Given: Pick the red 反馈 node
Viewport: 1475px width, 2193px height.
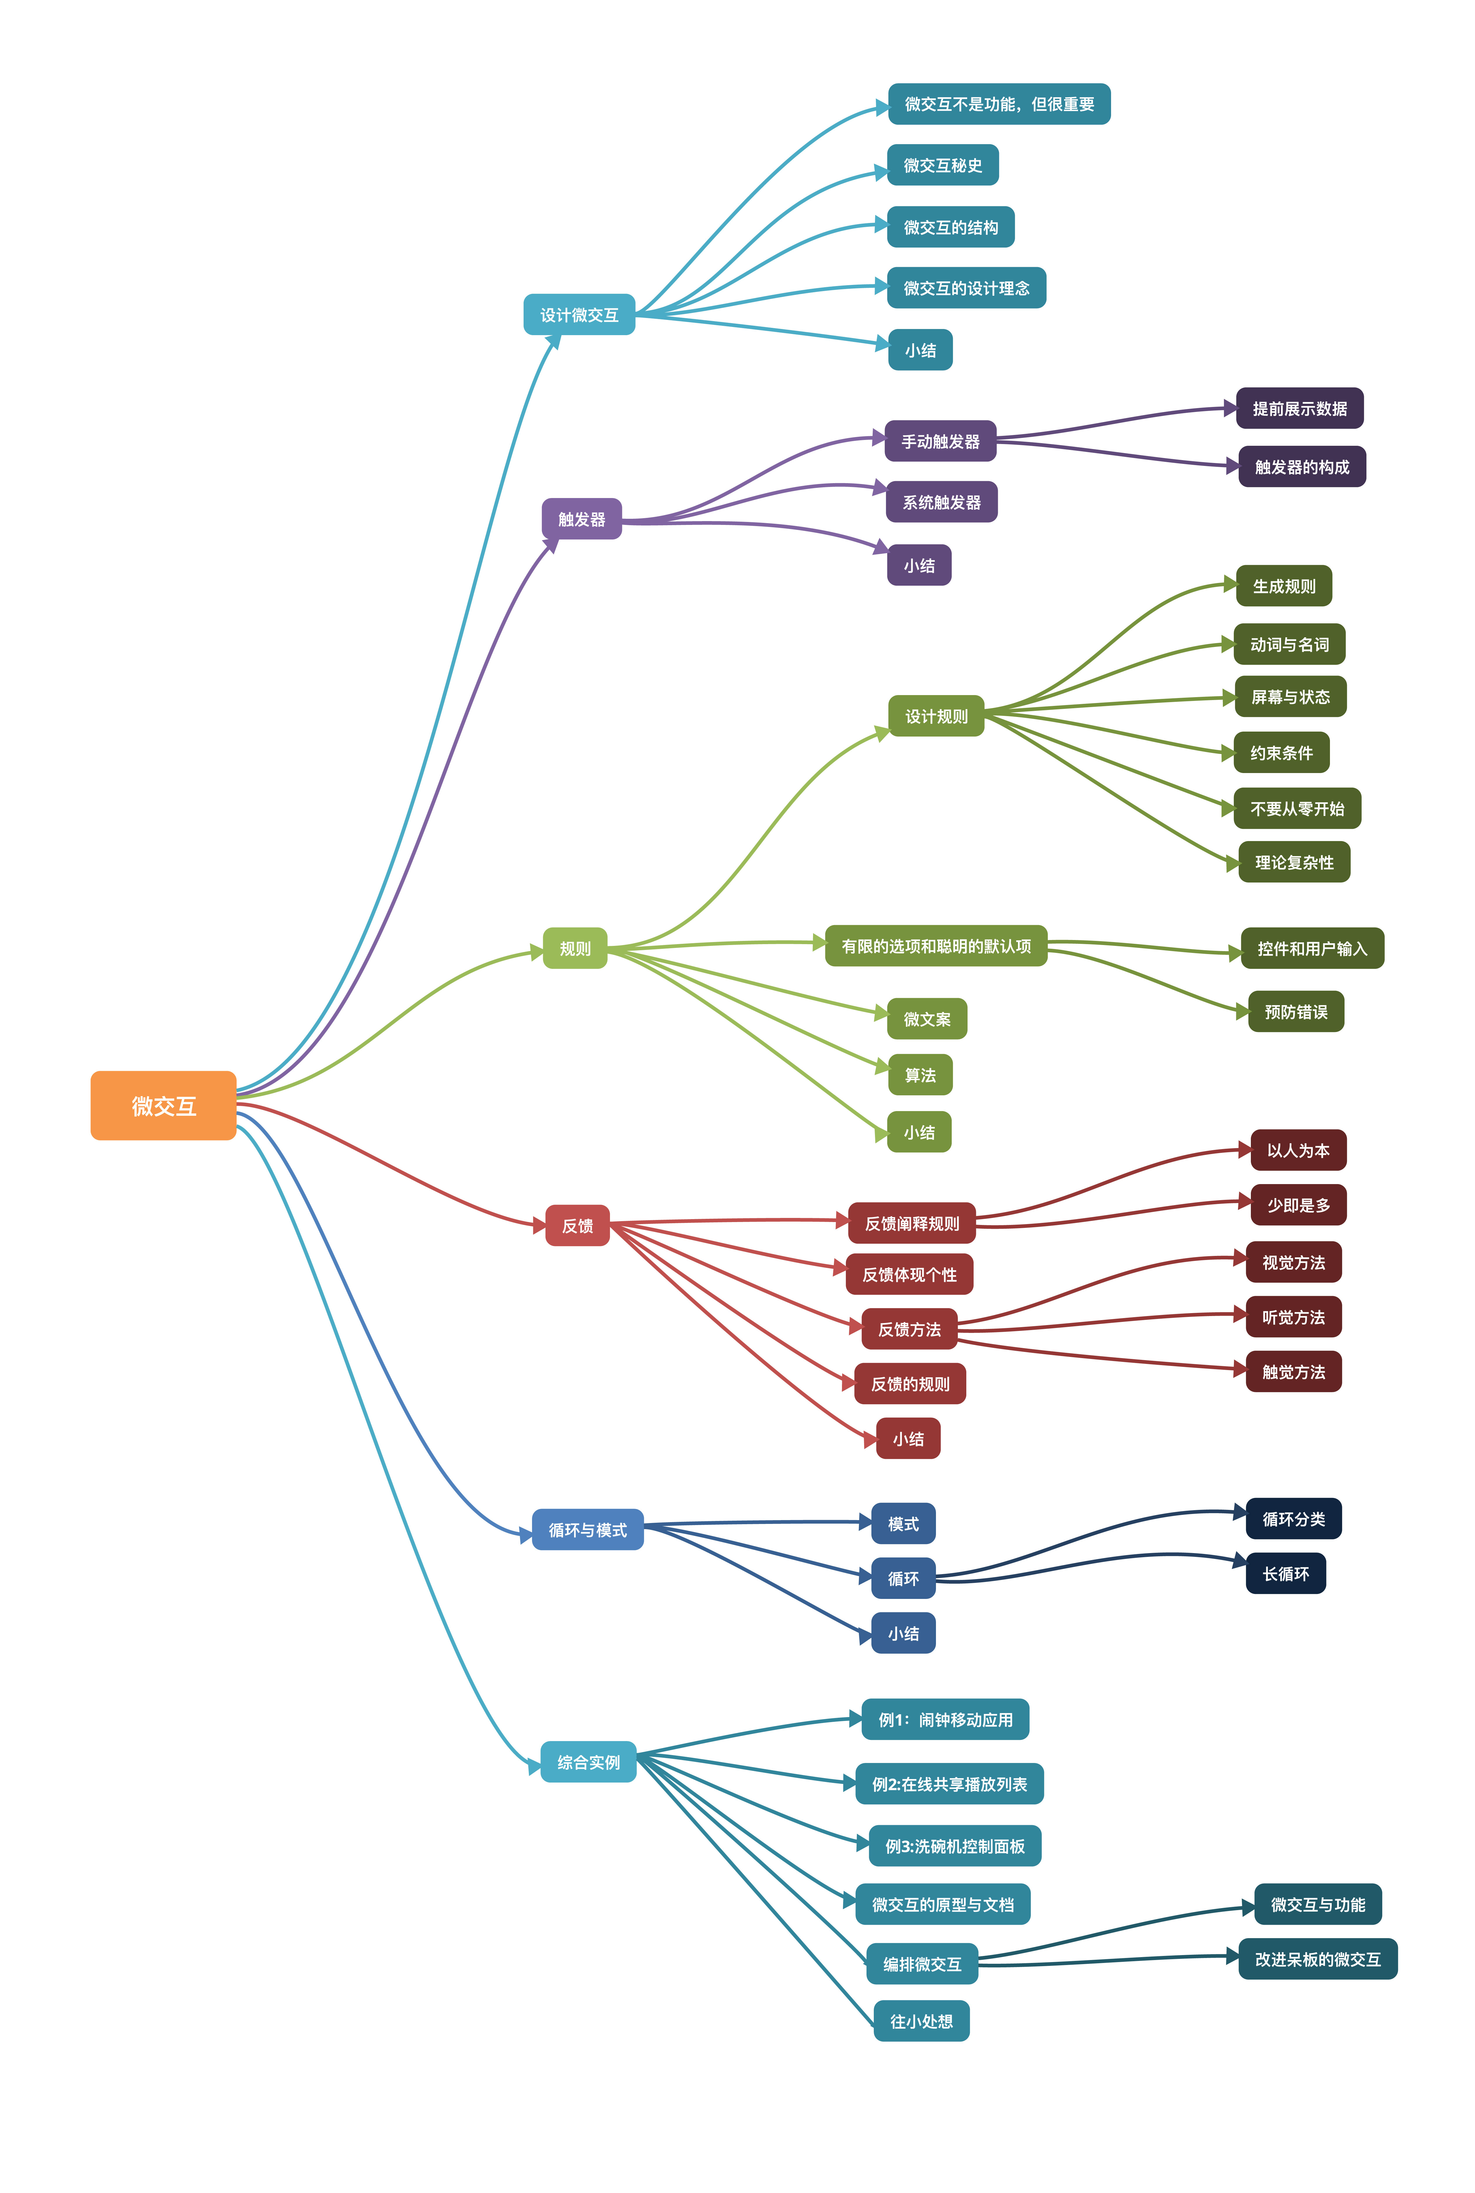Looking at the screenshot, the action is [578, 1225].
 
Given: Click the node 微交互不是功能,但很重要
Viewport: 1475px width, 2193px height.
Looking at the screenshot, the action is [999, 103].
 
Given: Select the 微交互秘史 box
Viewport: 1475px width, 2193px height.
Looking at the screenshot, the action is [943, 165].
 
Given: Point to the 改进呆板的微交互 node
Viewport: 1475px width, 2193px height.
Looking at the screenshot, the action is [1318, 1959].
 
